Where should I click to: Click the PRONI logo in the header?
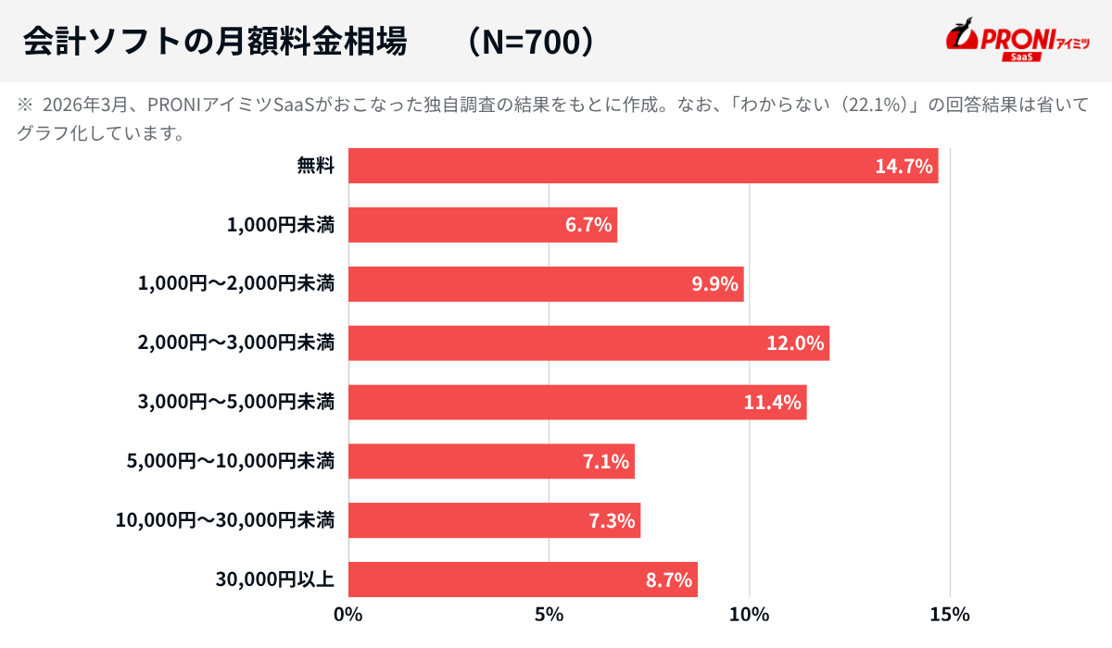1017,41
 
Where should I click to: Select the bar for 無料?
643,166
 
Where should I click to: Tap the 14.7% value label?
903,167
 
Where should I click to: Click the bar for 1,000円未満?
482,225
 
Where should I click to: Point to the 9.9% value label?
715,284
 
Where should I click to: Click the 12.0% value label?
795,343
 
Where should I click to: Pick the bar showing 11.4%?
576,403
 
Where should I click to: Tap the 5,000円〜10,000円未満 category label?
230,461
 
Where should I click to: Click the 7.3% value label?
613,520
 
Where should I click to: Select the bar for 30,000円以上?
523,579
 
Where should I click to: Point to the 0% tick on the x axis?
348,614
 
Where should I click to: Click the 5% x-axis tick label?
549,614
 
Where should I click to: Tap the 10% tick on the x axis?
750,614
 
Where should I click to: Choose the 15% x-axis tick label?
951,614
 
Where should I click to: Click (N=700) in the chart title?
529,42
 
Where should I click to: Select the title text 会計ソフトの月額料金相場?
214,42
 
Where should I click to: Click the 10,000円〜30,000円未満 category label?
225,520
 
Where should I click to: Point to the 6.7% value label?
589,225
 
